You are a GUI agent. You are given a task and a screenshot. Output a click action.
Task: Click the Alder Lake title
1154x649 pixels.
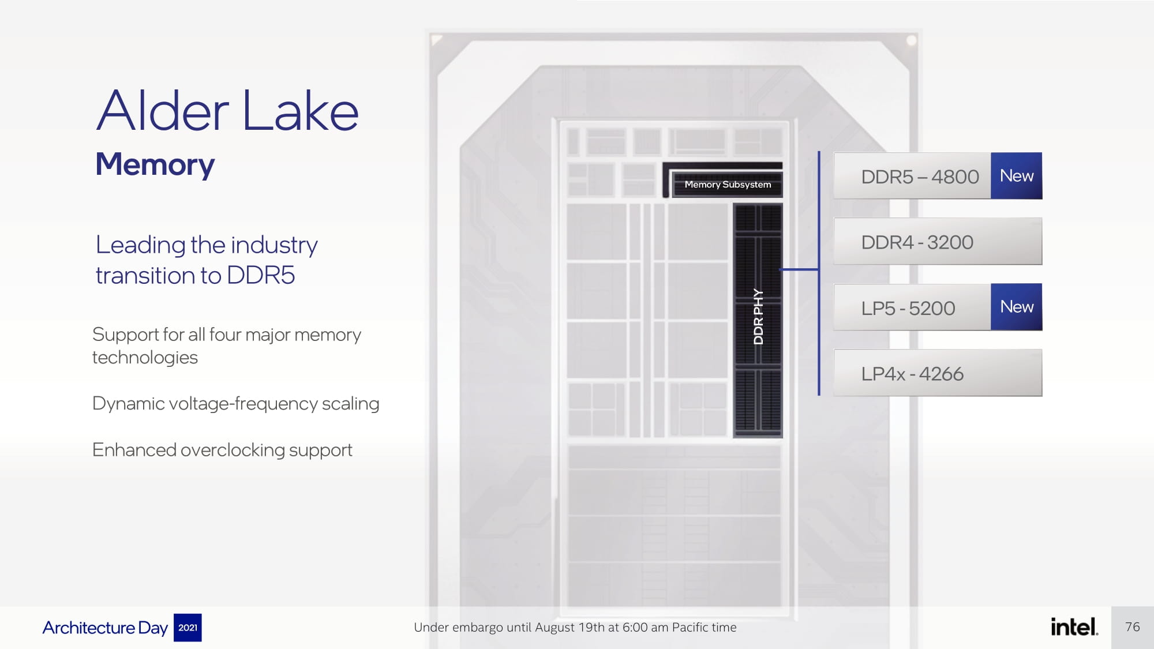(227, 111)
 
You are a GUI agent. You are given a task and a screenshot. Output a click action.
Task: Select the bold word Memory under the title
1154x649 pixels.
(155, 164)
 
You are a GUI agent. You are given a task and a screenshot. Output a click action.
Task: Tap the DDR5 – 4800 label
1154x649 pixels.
(920, 177)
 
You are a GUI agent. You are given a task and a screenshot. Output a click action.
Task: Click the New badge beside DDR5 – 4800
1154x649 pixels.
(1016, 176)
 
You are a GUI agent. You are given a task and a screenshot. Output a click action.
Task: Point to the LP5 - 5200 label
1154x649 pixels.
(908, 308)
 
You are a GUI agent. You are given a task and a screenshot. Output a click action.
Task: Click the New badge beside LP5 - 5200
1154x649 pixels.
(1016, 307)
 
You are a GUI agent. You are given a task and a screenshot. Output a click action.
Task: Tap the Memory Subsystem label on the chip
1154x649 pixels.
(727, 185)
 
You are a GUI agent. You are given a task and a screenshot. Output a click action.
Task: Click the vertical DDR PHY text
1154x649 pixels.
(758, 317)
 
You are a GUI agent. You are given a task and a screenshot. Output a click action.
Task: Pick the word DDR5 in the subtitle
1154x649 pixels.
(261, 275)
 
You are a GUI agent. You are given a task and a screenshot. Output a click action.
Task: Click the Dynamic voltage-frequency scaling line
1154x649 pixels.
(235, 403)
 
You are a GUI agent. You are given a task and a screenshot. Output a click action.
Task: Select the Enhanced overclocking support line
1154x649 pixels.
(222, 450)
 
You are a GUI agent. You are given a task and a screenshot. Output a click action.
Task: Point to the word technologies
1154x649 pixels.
(145, 358)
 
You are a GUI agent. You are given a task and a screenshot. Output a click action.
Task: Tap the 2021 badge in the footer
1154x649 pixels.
(188, 628)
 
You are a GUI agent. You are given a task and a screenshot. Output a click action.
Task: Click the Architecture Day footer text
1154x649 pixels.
(105, 628)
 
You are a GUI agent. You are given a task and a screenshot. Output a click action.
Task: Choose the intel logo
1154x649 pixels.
(1074, 627)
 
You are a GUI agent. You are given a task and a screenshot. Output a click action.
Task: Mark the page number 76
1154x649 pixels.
(1132, 627)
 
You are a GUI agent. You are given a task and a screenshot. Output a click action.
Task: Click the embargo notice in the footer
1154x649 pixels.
(575, 627)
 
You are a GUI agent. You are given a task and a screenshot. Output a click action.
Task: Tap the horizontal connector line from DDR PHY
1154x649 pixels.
(800, 269)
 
